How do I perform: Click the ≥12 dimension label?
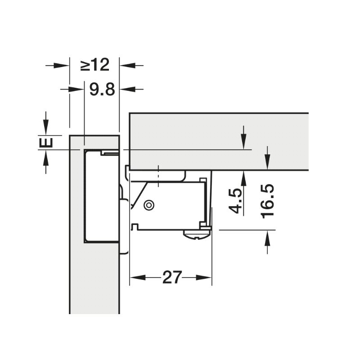95,65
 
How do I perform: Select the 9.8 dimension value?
102,89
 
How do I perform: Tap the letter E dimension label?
46,143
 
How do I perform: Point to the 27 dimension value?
172,277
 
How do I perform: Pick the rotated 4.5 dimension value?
234,201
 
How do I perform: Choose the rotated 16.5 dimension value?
267,201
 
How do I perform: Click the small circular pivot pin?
149,205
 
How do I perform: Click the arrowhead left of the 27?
138,277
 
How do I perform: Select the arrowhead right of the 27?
204,277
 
